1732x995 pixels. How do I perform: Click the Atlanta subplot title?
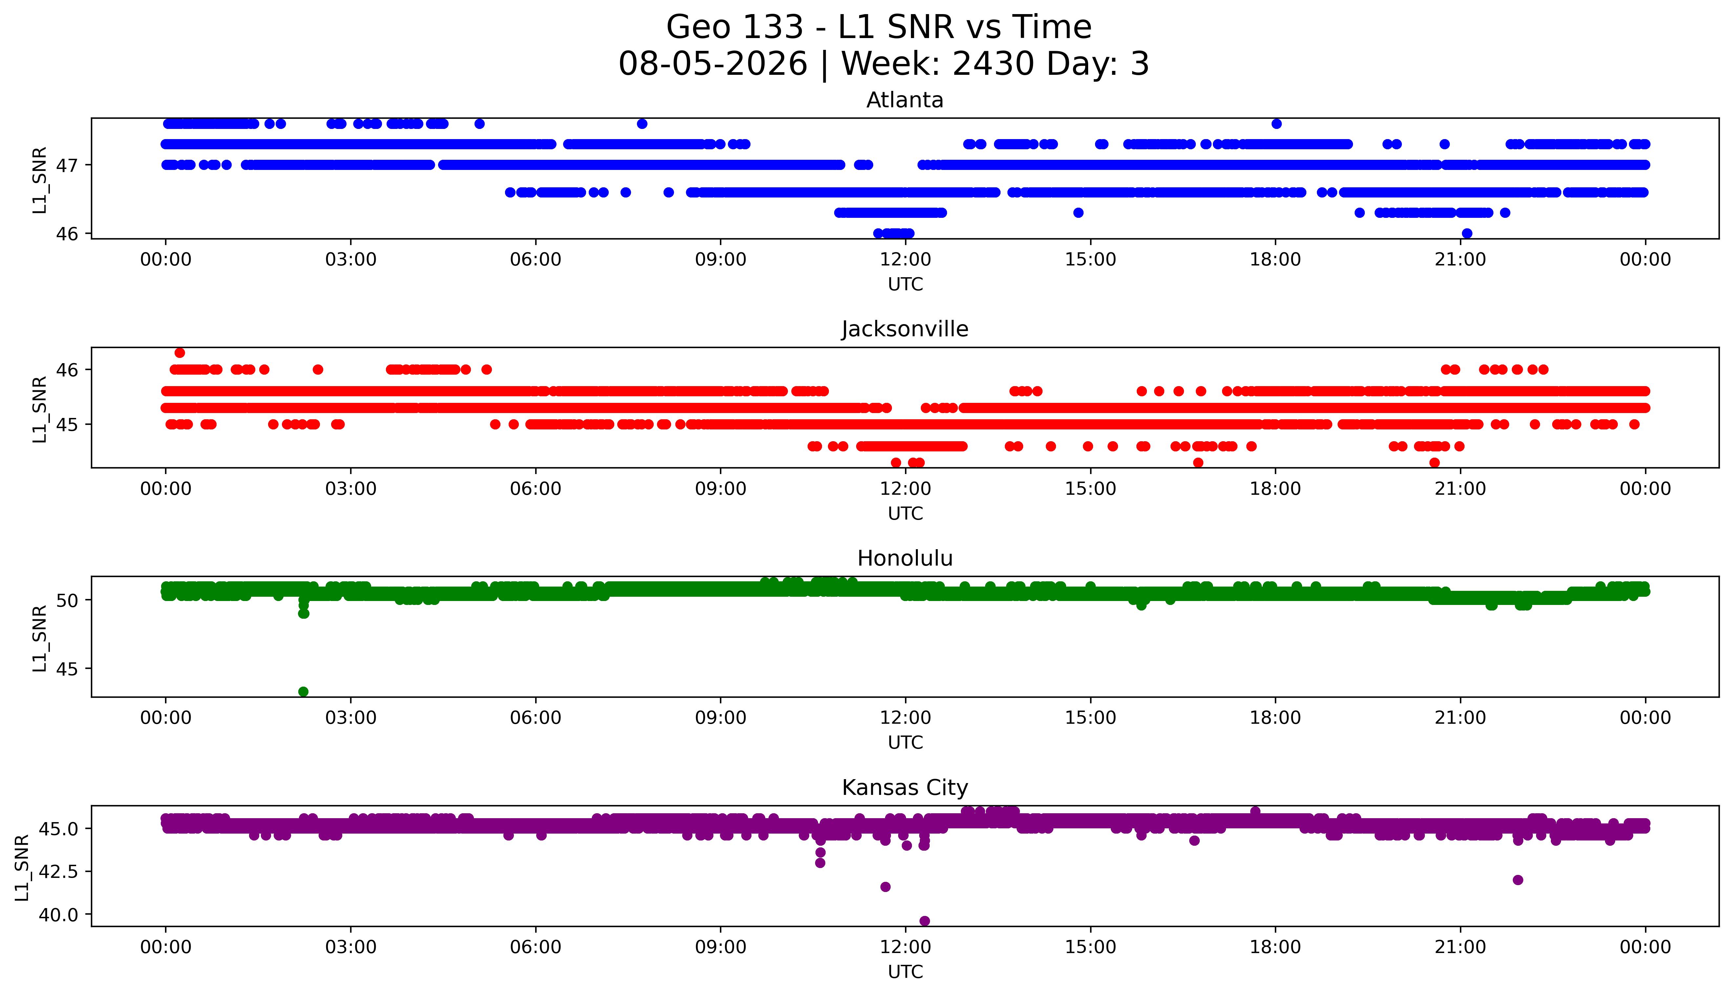pyautogui.click(x=905, y=100)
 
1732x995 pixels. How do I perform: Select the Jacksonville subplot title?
pyautogui.click(x=905, y=329)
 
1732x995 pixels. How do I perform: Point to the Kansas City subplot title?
pyautogui.click(x=905, y=788)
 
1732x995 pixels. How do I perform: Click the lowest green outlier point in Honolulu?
pyautogui.click(x=304, y=692)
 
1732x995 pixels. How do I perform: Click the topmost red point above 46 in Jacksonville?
pyautogui.click(x=180, y=353)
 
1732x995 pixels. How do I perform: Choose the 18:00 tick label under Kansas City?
pyautogui.click(x=1276, y=947)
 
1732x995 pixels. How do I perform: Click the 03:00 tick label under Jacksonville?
pyautogui.click(x=351, y=488)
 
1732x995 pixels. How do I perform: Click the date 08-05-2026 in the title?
pyautogui.click(x=713, y=64)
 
